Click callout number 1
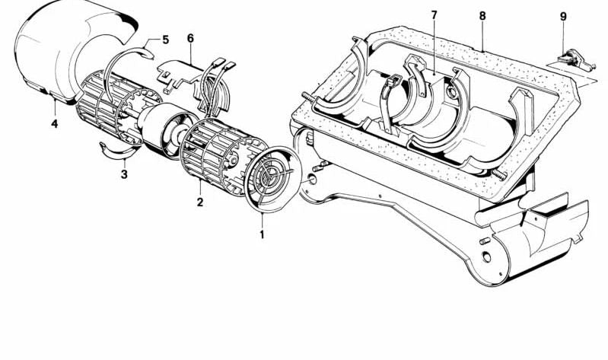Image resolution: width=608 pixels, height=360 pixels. pyautogui.click(x=262, y=234)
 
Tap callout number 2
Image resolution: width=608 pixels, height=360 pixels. pyautogui.click(x=199, y=202)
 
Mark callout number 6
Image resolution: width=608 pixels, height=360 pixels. pyautogui.click(x=190, y=38)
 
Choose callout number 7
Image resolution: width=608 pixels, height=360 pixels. pyautogui.click(x=434, y=15)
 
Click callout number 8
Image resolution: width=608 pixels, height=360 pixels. pyautogui.click(x=482, y=15)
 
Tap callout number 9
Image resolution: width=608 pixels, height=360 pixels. pyautogui.click(x=563, y=16)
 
